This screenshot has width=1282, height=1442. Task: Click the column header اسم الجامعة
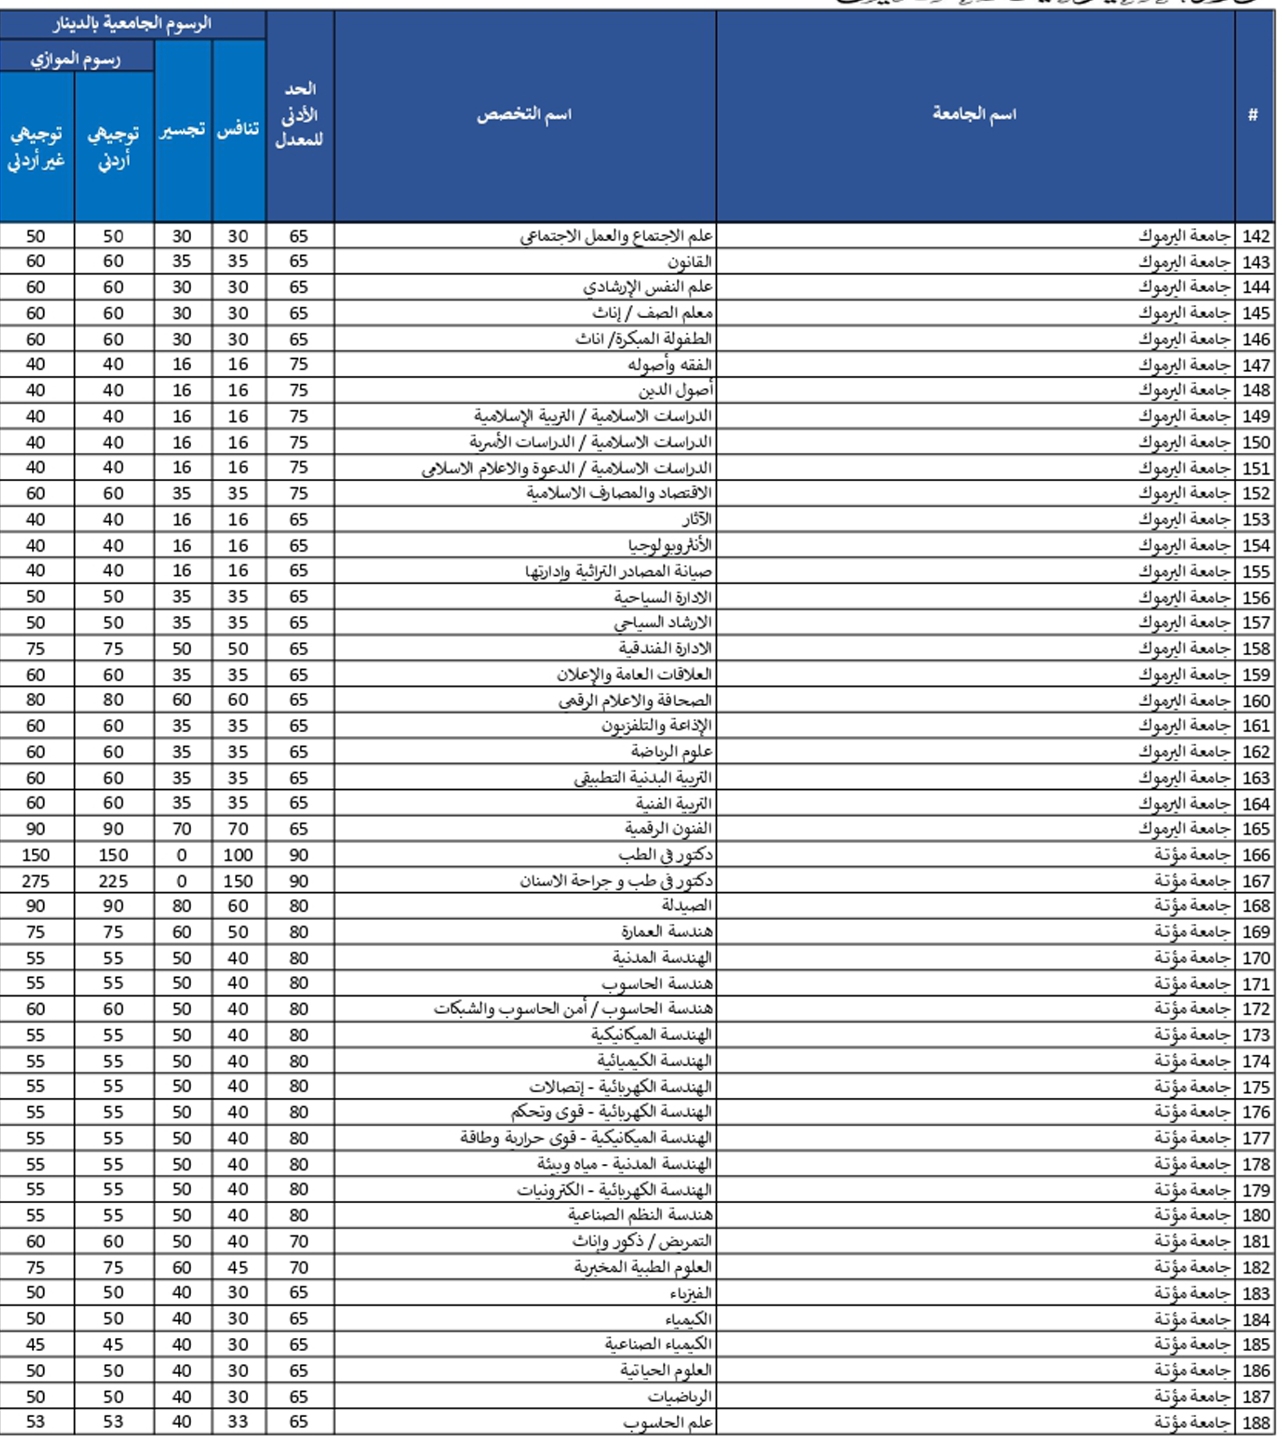[x=975, y=114]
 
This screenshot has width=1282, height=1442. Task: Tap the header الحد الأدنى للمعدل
[x=299, y=114]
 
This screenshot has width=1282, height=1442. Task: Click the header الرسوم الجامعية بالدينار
[x=132, y=23]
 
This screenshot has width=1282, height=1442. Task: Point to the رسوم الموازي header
[x=76, y=58]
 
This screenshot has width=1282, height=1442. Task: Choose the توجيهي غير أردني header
[x=36, y=147]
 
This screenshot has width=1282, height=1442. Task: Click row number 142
[x=1256, y=236]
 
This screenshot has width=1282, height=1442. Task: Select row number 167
[x=1256, y=881]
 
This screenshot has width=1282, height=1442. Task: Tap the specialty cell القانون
[x=690, y=262]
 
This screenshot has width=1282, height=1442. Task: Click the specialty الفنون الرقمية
[x=667, y=828]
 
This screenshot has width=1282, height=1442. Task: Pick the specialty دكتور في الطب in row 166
[x=665, y=855]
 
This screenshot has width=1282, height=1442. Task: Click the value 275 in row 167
[x=36, y=881]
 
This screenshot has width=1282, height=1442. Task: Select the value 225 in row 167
[x=113, y=881]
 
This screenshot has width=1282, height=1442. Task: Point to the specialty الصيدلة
[x=686, y=906]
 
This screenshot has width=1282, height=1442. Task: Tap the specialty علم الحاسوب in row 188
[x=667, y=1422]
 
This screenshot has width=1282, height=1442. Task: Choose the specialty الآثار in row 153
[x=697, y=520]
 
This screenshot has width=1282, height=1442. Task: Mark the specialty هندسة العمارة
[x=667, y=932]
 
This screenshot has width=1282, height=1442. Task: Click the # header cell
[x=1252, y=114]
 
